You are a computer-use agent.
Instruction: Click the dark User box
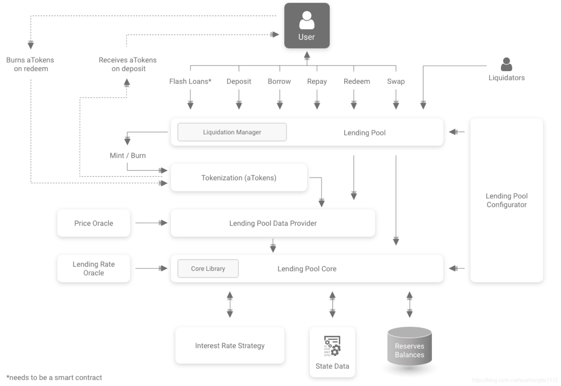click(307, 26)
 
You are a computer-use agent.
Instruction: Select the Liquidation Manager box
click(232, 132)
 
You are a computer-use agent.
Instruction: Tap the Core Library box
click(208, 268)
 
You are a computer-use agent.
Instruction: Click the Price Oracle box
click(94, 223)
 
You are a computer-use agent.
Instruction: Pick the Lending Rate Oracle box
click(94, 268)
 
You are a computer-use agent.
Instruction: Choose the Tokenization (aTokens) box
click(239, 178)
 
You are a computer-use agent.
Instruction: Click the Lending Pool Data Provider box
click(273, 223)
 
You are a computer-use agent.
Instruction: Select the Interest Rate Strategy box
click(230, 345)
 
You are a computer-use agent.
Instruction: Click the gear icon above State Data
click(332, 346)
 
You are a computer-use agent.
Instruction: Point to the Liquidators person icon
click(506, 64)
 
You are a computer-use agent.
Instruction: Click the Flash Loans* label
click(190, 82)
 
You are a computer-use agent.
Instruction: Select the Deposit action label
click(239, 82)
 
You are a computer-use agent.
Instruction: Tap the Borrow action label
click(280, 82)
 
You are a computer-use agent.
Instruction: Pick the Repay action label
click(317, 82)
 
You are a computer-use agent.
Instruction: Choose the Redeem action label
click(357, 82)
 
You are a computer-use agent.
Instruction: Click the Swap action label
click(396, 82)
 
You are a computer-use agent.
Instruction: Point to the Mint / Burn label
click(128, 155)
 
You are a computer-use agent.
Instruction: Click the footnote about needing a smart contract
click(54, 377)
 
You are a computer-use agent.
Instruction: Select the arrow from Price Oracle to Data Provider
click(151, 223)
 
